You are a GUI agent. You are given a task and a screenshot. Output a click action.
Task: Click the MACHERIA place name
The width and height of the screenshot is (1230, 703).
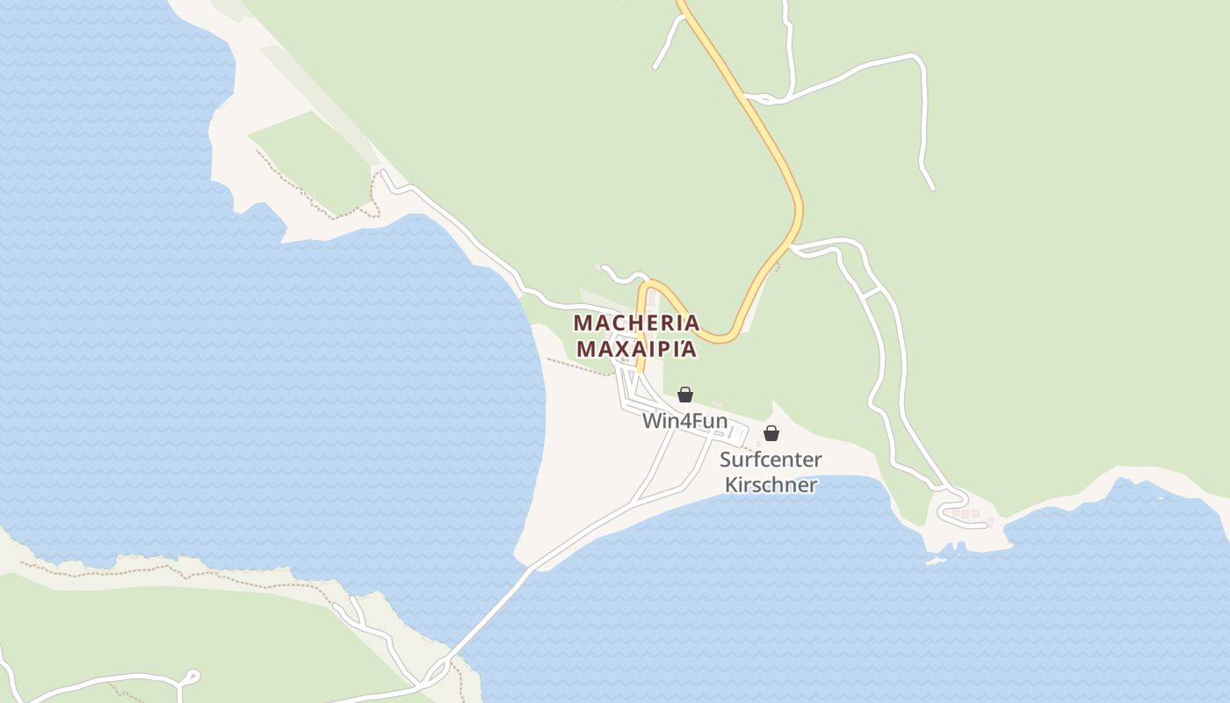(636, 323)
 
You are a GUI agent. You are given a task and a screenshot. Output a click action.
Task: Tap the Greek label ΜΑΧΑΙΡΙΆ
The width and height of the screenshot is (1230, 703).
(636, 349)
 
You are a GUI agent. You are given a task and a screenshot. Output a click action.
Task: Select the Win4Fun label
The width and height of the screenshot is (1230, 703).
(684, 421)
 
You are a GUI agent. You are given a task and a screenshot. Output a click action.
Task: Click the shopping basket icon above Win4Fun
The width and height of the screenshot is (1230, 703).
(684, 395)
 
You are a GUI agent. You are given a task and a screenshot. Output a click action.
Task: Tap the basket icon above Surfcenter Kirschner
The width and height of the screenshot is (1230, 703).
(771, 433)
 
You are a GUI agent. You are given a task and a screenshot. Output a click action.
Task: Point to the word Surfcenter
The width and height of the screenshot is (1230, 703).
(771, 460)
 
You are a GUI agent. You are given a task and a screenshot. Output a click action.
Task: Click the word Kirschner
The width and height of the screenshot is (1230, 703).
(771, 484)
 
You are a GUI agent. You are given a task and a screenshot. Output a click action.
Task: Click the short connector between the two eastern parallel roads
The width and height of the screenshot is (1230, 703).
(873, 293)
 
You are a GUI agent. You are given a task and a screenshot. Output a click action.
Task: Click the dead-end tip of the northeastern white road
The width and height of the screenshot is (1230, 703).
(932, 187)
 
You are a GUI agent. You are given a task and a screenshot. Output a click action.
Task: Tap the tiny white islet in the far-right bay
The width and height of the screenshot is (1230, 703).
(1160, 497)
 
